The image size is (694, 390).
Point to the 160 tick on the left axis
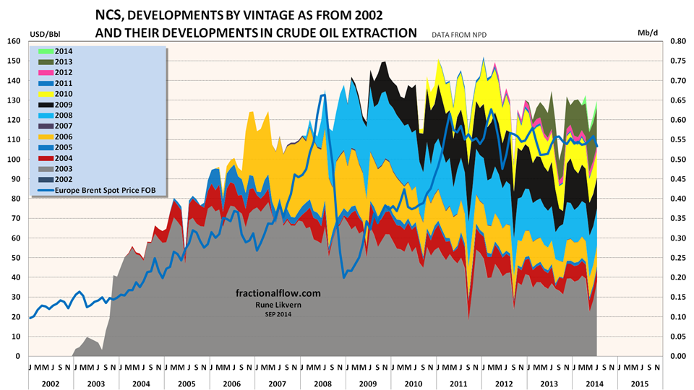pos(14,41)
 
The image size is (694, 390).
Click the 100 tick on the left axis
pos(14,160)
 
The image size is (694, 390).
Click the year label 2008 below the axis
pos(323,383)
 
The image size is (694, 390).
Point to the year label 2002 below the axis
pos(51,383)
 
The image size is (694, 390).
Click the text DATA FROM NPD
pos(460,35)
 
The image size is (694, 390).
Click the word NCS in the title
pos(111,15)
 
